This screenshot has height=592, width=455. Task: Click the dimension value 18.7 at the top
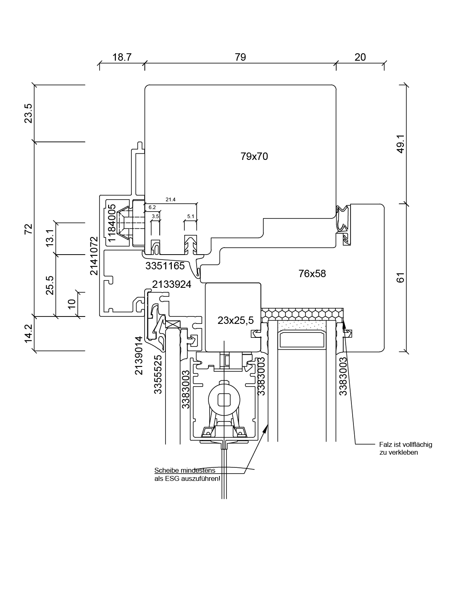point(122,57)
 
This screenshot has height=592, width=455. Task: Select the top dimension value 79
point(240,57)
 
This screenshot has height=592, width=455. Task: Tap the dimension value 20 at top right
point(360,57)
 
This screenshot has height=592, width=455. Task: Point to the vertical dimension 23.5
point(28,113)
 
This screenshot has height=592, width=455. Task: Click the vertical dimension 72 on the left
point(28,229)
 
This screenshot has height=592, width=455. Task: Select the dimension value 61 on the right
point(401,278)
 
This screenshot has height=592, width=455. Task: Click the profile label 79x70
point(254,156)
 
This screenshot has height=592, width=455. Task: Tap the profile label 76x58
point(312,273)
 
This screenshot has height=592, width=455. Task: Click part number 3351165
point(165,266)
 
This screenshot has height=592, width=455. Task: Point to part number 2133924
point(172,284)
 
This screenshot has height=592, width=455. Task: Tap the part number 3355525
point(158,374)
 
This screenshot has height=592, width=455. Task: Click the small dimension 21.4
point(170,200)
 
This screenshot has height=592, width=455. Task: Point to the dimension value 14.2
point(28,333)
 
